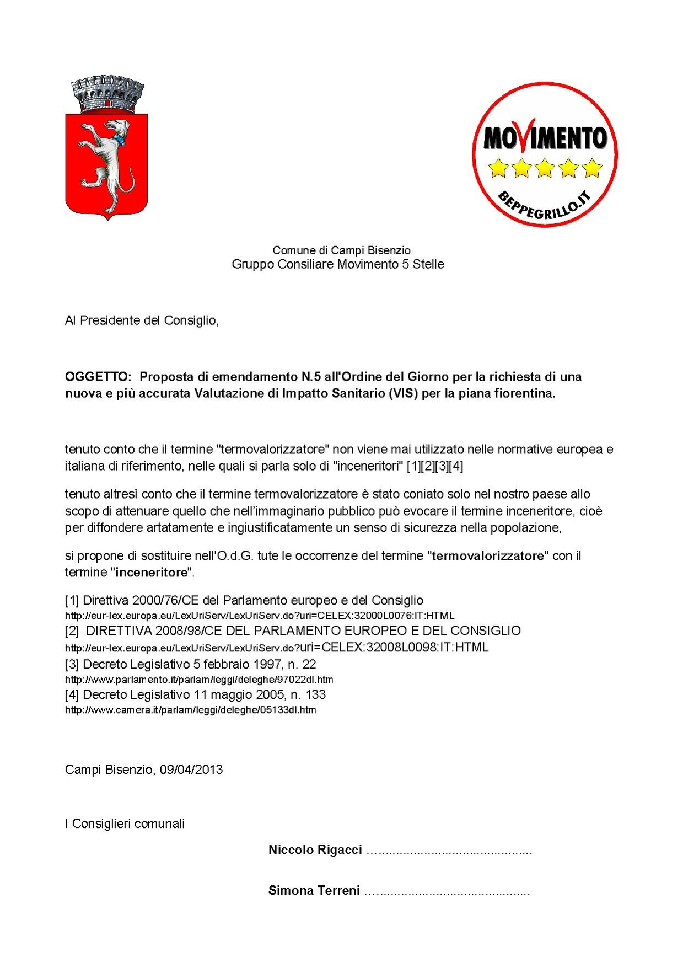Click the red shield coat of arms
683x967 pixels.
pos(106,163)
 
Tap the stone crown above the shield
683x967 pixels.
pos(107,95)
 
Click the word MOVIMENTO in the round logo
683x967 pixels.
pos(545,138)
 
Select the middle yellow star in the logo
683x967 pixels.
pos(545,168)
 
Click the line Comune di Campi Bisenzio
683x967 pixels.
pos(341,250)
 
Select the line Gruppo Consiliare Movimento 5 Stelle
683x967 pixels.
pos(337,264)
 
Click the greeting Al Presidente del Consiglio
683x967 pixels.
pos(142,320)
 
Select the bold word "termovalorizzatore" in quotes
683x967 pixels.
pos(488,556)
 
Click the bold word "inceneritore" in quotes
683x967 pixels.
pos(152,573)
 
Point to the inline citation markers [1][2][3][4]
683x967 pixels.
pos(434,466)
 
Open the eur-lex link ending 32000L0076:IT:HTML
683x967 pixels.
pos(260,616)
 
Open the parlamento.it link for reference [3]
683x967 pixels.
pos(199,680)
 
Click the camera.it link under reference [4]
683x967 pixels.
pos(190,710)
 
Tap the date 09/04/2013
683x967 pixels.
pos(191,770)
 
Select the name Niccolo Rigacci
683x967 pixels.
pos(315,850)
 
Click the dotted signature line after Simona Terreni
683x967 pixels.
pos(447,891)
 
